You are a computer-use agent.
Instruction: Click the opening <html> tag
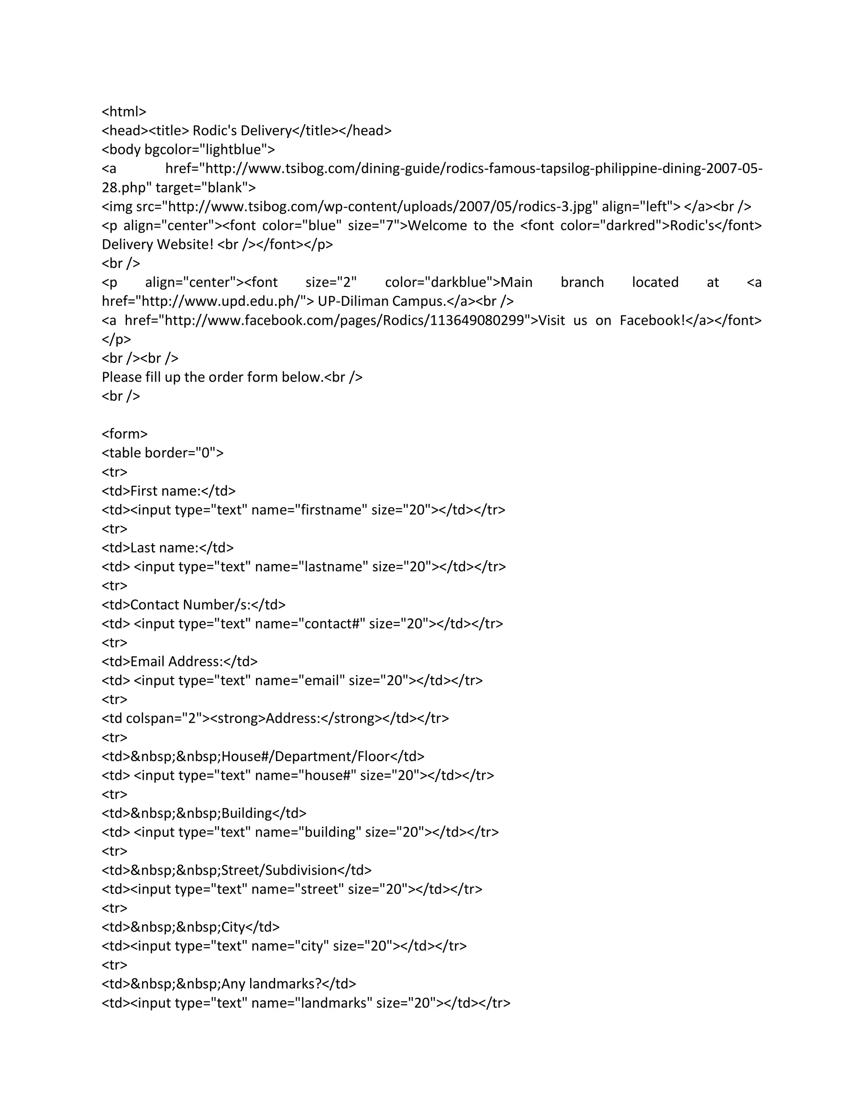coord(124,112)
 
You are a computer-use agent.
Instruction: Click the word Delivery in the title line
coord(265,130)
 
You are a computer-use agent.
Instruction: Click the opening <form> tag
coord(124,434)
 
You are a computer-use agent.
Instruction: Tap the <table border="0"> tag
coord(163,453)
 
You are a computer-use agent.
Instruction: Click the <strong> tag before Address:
coord(240,718)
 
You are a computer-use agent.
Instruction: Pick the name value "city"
coord(311,945)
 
